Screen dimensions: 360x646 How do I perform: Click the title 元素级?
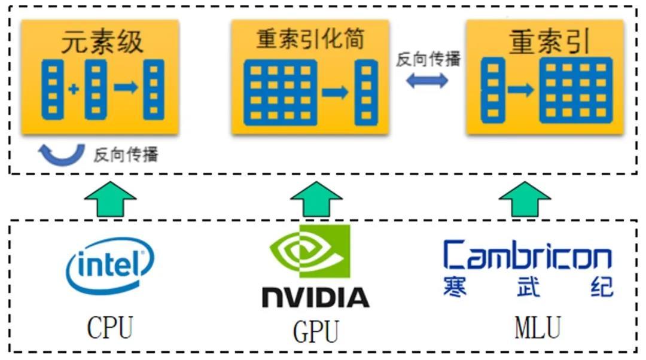[x=102, y=42]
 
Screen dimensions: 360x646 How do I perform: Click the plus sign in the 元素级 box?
[x=73, y=90]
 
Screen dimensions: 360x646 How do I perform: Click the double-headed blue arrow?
[x=427, y=81]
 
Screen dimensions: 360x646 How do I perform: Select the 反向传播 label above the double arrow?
[x=428, y=60]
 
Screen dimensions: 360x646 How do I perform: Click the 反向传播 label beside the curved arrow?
[x=126, y=155]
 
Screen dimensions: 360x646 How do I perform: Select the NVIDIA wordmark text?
[x=315, y=297]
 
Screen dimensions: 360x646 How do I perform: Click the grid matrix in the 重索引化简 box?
[x=280, y=93]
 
